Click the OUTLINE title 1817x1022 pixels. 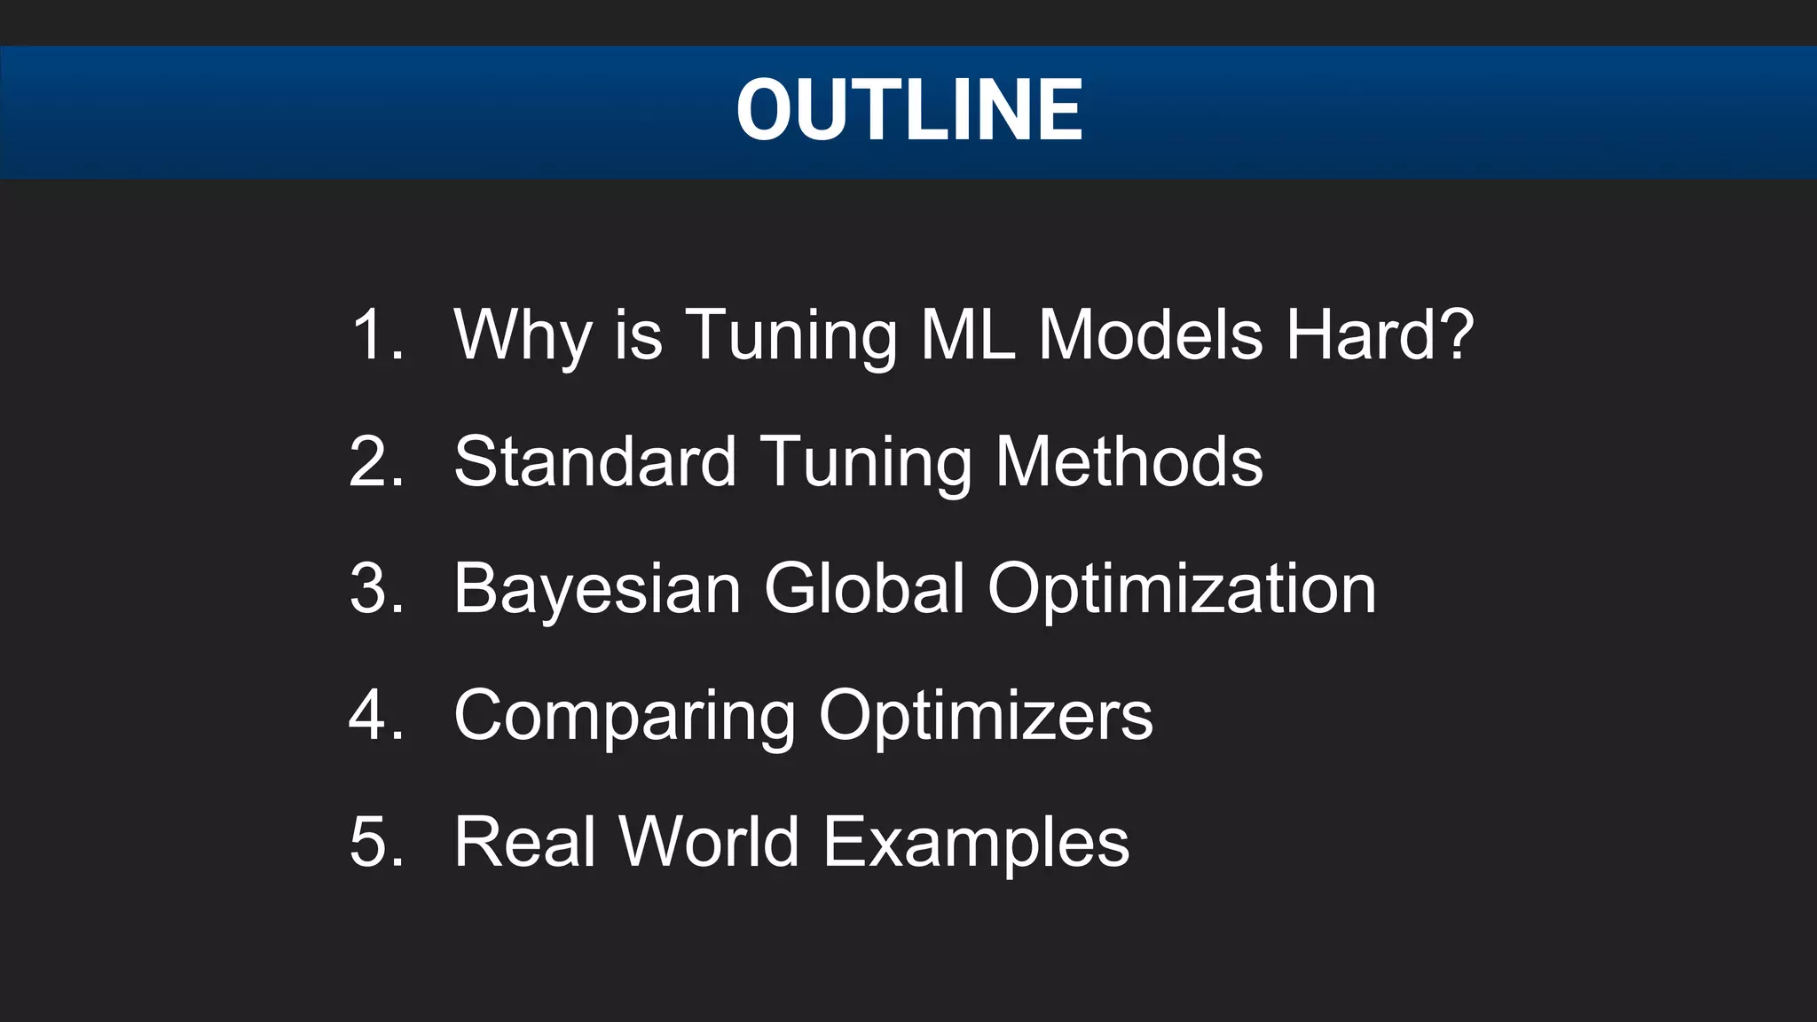click(x=908, y=110)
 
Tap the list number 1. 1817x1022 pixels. click(x=376, y=334)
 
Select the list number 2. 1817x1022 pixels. click(x=376, y=461)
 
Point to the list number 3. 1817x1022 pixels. click(x=376, y=588)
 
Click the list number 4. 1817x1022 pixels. click(x=376, y=715)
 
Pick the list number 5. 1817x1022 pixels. click(x=376, y=842)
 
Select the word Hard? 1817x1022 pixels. click(x=1380, y=334)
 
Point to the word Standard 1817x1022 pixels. click(x=594, y=461)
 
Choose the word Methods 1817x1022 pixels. click(x=1129, y=461)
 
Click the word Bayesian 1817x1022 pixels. click(x=597, y=590)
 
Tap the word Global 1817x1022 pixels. click(x=864, y=588)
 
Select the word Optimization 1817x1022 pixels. click(x=1182, y=590)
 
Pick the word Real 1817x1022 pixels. click(x=524, y=842)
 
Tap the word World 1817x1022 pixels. click(x=709, y=842)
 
